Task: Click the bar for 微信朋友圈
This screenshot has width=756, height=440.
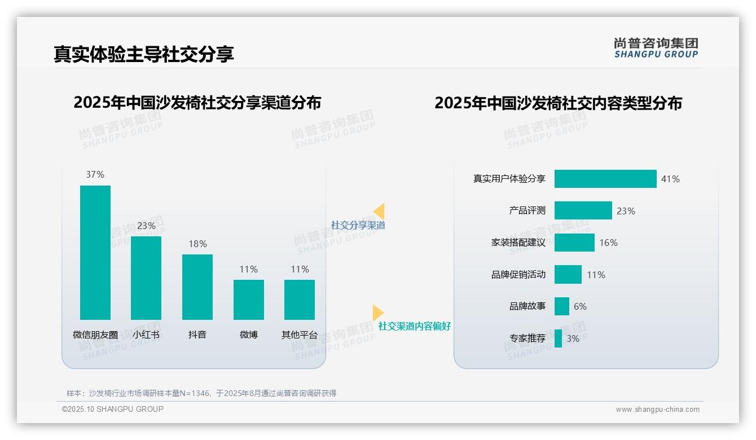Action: tap(95, 252)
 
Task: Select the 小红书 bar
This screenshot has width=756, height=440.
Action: tap(146, 278)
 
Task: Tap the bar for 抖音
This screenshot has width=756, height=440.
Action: tap(197, 287)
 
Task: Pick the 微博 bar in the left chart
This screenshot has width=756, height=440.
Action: tap(249, 300)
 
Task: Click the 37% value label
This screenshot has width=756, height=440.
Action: tap(95, 175)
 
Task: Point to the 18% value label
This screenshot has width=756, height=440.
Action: tap(197, 244)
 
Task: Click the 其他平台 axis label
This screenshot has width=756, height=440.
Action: tap(300, 335)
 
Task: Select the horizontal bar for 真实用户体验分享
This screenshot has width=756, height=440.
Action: tap(605, 179)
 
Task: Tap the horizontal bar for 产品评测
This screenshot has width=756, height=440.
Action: tap(583, 210)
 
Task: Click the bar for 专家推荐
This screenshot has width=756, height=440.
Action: tap(558, 338)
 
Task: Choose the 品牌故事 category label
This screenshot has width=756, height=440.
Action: tap(528, 306)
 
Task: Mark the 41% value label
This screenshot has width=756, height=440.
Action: tap(670, 179)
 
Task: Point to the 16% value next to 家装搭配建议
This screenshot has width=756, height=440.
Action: tap(608, 243)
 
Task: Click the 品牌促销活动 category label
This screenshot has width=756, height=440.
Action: tap(518, 275)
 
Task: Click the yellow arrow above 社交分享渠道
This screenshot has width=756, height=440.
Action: tap(379, 211)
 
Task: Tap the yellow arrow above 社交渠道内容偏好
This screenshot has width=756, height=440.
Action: tap(377, 313)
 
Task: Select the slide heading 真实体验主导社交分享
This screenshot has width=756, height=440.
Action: tap(144, 54)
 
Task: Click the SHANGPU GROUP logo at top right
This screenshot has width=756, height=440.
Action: tap(656, 48)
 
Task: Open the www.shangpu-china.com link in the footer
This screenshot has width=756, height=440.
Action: tap(657, 410)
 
